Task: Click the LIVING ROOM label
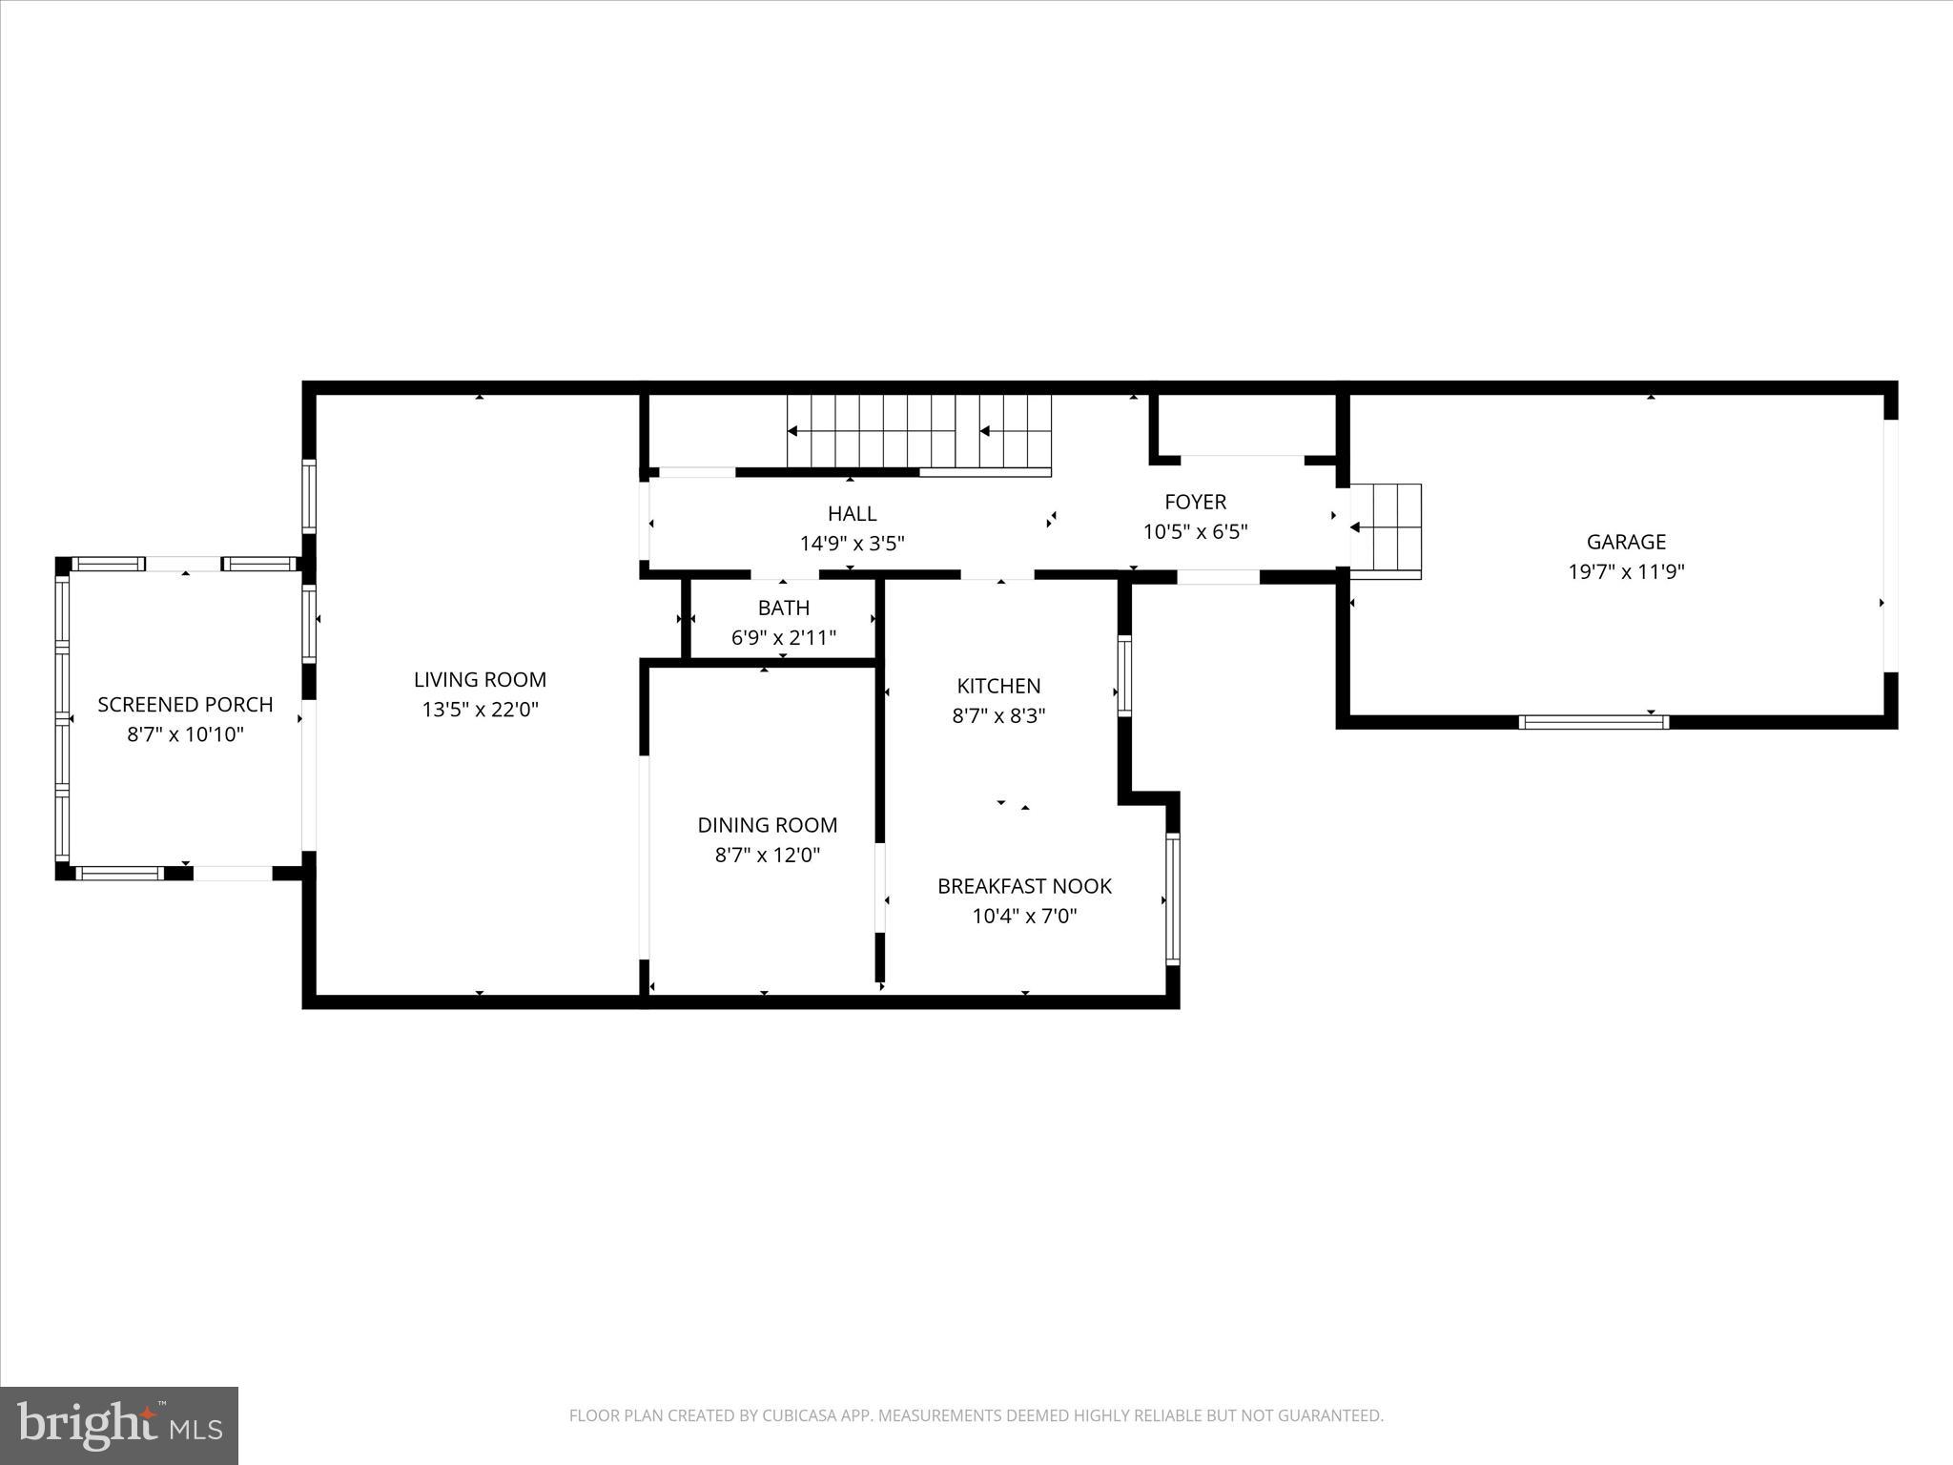coord(480,679)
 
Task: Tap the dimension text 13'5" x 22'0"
coord(480,710)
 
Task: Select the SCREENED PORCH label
coord(185,704)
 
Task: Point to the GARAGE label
coord(1626,542)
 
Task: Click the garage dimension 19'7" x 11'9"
coord(1626,572)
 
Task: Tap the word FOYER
coord(1195,502)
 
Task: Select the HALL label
coord(852,514)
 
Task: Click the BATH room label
coord(783,608)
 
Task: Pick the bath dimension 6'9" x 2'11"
coord(783,638)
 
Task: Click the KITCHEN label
coord(998,686)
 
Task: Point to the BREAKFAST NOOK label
coord(1024,886)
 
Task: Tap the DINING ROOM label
coord(767,825)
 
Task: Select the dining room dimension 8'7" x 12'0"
coord(767,856)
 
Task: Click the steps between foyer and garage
coord(1388,530)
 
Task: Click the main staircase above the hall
coord(917,432)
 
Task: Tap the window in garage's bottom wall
coord(1593,722)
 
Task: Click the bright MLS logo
coord(119,1425)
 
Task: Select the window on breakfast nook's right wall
coord(1173,898)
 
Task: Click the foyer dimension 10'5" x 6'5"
coord(1195,532)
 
